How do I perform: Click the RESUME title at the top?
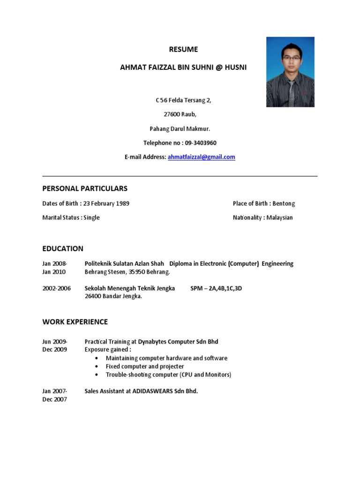click(183, 49)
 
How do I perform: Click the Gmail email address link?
click(201, 157)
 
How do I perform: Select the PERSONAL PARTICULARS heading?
click(85, 188)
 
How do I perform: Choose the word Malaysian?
click(279, 217)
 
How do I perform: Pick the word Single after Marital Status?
click(92, 217)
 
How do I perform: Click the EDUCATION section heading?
click(63, 248)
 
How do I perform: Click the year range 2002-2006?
click(56, 288)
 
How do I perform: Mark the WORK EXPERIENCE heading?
click(75, 322)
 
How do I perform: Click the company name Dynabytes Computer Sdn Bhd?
click(178, 342)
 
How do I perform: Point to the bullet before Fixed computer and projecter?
click(97, 367)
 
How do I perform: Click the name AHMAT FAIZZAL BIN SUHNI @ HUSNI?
click(183, 67)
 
